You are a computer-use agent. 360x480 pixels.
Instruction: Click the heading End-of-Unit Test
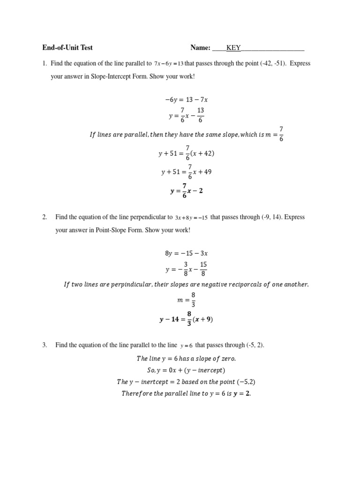(67, 47)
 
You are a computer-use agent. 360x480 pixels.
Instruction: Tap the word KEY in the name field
(233, 47)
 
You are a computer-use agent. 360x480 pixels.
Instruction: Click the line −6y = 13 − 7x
(186, 99)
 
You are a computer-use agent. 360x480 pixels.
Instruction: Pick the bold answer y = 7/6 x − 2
(186, 191)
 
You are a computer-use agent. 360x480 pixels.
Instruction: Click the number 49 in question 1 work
(207, 172)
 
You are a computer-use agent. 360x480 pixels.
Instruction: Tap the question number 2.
(45, 217)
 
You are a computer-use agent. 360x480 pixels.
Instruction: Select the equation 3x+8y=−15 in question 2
(191, 217)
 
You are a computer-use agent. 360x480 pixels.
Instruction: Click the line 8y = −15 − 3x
(186, 253)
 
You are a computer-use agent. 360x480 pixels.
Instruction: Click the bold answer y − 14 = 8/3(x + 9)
(186, 320)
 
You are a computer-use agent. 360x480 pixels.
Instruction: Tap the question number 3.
(45, 345)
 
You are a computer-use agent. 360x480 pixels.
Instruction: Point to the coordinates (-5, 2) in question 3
(255, 345)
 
